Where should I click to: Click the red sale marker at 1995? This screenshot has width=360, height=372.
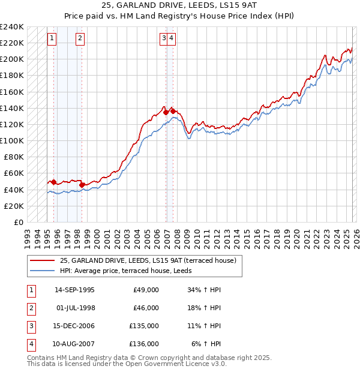[x=53, y=182]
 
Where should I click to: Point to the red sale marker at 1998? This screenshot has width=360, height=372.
[x=82, y=184]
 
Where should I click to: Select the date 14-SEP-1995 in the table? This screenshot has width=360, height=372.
[x=74, y=290]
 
